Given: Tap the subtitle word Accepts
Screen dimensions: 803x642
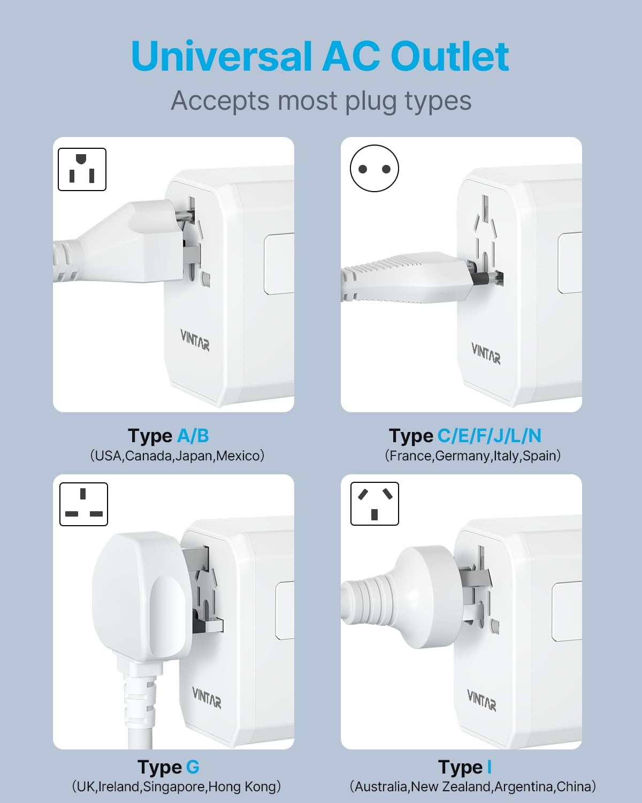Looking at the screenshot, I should [x=220, y=101].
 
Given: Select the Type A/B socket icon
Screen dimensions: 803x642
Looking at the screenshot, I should [x=82, y=169].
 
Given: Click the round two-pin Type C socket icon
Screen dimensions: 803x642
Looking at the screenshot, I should [x=374, y=169].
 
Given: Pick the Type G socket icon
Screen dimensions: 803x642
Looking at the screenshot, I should [x=83, y=504].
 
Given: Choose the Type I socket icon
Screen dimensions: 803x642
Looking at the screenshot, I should [x=374, y=504].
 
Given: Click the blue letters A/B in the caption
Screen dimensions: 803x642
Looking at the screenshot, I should [x=193, y=436].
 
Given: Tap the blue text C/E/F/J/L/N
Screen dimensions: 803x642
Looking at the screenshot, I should [x=489, y=436].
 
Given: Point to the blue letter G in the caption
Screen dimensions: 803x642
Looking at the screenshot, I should [x=193, y=767].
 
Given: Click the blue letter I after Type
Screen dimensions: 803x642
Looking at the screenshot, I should [x=489, y=767].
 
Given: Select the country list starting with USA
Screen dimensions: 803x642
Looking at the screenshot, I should [x=177, y=456].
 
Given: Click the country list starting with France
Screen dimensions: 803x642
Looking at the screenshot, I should [x=473, y=456].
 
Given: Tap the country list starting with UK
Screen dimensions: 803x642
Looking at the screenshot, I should [x=176, y=787].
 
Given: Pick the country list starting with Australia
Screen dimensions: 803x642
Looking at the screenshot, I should [x=473, y=787].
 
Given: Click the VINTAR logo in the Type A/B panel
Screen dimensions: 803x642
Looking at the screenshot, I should [x=195, y=340].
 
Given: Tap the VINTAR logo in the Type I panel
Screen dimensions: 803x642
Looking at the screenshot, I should [x=481, y=700].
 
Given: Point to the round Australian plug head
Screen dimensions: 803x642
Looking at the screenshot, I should [x=425, y=597].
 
